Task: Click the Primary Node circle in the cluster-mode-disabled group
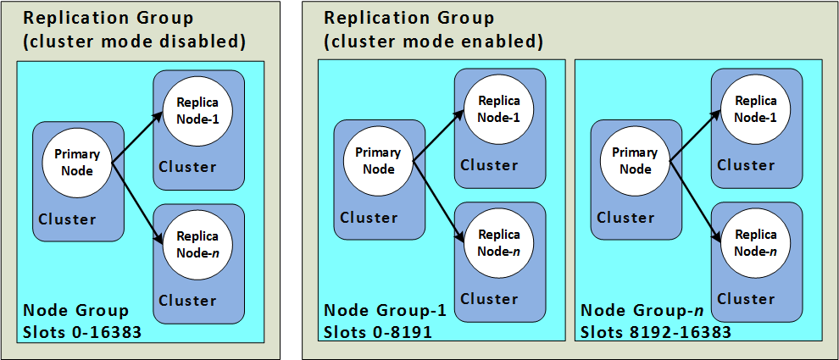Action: [x=77, y=162]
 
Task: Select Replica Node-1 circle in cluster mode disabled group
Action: [x=197, y=110]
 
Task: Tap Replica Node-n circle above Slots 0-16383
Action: [x=197, y=245]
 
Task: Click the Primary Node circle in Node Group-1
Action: [x=379, y=160]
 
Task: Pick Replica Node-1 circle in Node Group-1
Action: [x=499, y=108]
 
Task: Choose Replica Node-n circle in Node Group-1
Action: [x=499, y=243]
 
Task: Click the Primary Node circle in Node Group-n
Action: [x=636, y=160]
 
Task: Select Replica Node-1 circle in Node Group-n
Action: [x=756, y=108]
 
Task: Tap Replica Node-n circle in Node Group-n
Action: [x=756, y=243]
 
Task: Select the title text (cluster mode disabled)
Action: [x=135, y=42]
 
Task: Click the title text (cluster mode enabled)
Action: [x=434, y=42]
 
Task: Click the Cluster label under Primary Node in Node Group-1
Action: [x=369, y=218]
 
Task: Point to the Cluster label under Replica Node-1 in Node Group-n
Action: [x=747, y=164]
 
